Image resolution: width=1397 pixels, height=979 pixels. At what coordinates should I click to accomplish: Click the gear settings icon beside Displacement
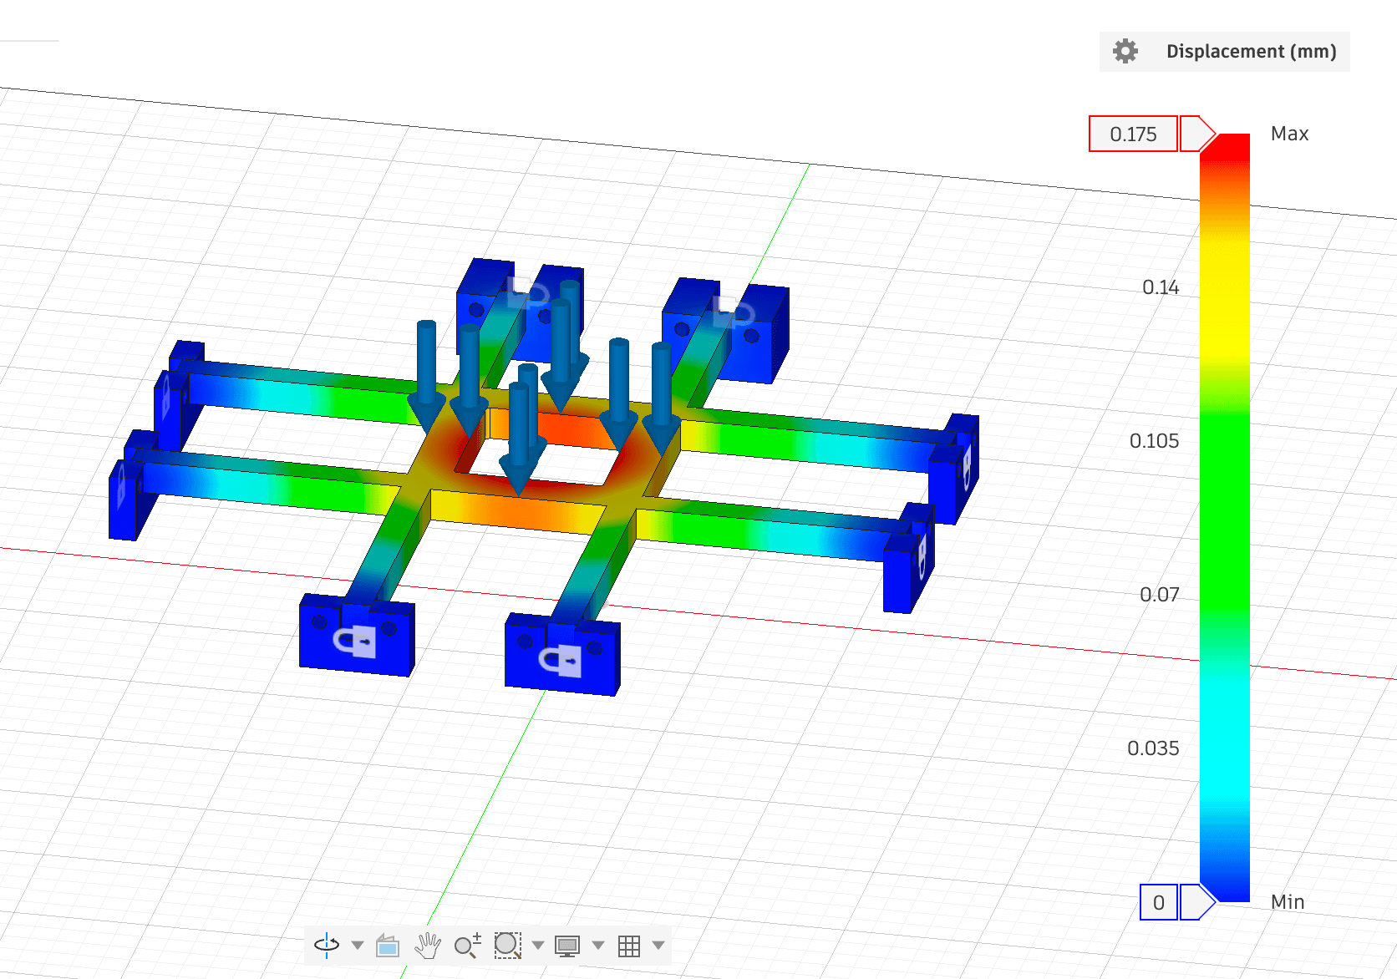(x=1125, y=51)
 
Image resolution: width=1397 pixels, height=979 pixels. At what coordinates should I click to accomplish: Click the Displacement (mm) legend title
(x=1251, y=51)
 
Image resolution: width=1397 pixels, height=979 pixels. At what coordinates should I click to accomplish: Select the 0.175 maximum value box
(x=1133, y=134)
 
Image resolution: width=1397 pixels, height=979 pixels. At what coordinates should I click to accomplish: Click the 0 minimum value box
(x=1158, y=902)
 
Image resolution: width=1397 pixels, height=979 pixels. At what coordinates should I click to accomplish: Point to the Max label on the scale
(x=1289, y=134)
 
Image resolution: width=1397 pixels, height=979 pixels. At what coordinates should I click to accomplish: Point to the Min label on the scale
(x=1287, y=902)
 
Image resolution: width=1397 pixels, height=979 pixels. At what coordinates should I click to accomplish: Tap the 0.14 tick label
(x=1160, y=287)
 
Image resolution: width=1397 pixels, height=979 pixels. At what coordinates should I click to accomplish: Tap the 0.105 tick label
(x=1154, y=441)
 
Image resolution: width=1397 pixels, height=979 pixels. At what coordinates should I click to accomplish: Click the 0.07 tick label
(x=1159, y=595)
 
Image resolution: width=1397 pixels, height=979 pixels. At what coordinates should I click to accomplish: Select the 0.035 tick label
(x=1153, y=748)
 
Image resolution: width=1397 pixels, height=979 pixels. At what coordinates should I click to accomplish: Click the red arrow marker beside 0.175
(x=1196, y=134)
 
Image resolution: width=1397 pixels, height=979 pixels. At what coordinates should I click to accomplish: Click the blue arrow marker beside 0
(x=1196, y=902)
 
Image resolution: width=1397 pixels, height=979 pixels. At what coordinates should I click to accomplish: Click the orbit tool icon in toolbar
(x=327, y=945)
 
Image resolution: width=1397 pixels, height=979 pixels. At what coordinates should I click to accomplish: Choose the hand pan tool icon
(x=428, y=945)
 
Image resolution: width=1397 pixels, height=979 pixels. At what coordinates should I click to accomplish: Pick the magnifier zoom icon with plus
(x=467, y=945)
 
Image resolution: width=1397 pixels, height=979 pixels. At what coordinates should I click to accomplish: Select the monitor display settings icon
(x=567, y=946)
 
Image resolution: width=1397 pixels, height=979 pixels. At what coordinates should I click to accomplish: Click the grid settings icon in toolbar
(x=629, y=946)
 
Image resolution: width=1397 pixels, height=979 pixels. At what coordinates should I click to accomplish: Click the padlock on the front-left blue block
(x=357, y=642)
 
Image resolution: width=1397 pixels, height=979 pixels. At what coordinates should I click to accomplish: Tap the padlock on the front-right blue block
(x=561, y=661)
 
